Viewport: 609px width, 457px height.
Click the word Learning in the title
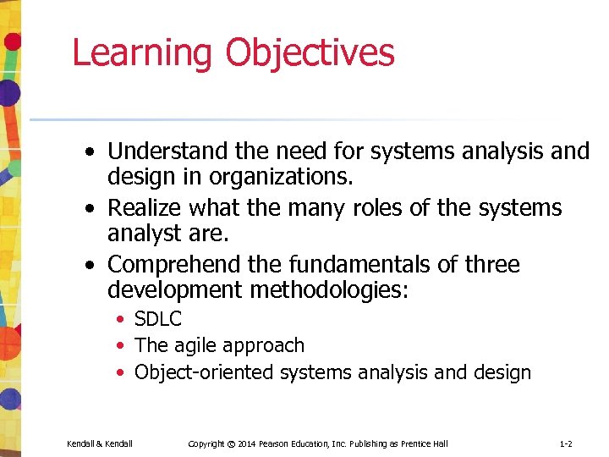click(x=143, y=52)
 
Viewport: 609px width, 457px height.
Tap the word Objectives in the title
click(x=310, y=52)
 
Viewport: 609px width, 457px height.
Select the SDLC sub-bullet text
click(x=158, y=320)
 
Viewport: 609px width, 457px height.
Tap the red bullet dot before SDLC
click(x=123, y=320)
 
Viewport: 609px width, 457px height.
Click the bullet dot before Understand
click(x=90, y=152)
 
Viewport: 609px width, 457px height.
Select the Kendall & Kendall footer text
click(x=100, y=444)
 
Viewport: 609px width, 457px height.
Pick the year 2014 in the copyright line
click(x=246, y=444)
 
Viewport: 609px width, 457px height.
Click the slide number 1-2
click(x=566, y=444)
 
